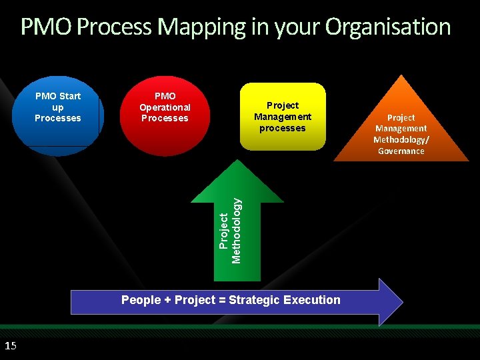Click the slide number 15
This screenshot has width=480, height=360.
pyautogui.click(x=10, y=345)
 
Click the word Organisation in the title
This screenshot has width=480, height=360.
pyautogui.click(x=387, y=27)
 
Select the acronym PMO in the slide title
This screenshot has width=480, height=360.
pyautogui.click(x=47, y=27)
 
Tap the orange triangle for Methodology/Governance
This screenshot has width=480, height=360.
pyautogui.click(x=401, y=133)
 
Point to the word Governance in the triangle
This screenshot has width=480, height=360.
pyautogui.click(x=401, y=151)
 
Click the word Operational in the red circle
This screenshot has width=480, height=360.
pyautogui.click(x=165, y=107)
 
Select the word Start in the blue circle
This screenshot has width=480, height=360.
pyautogui.click(x=69, y=96)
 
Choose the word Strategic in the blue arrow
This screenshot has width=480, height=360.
pyautogui.click(x=255, y=300)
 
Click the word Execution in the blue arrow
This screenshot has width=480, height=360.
pyautogui.click(x=311, y=300)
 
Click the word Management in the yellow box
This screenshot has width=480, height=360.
pyautogui.click(x=283, y=117)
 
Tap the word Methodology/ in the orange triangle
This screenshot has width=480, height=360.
pyautogui.click(x=401, y=140)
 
